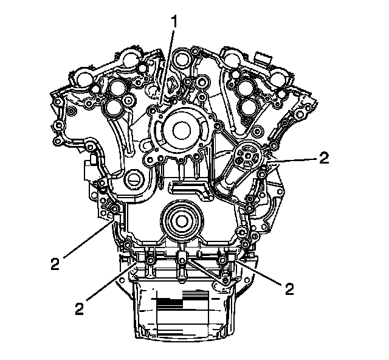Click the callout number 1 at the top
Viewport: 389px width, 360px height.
pos(174,22)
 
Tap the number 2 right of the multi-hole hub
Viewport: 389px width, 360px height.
pos(324,157)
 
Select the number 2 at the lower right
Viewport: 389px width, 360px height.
pos(289,289)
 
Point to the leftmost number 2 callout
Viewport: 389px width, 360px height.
pos(55,264)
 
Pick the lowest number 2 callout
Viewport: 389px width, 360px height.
pos(79,309)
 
